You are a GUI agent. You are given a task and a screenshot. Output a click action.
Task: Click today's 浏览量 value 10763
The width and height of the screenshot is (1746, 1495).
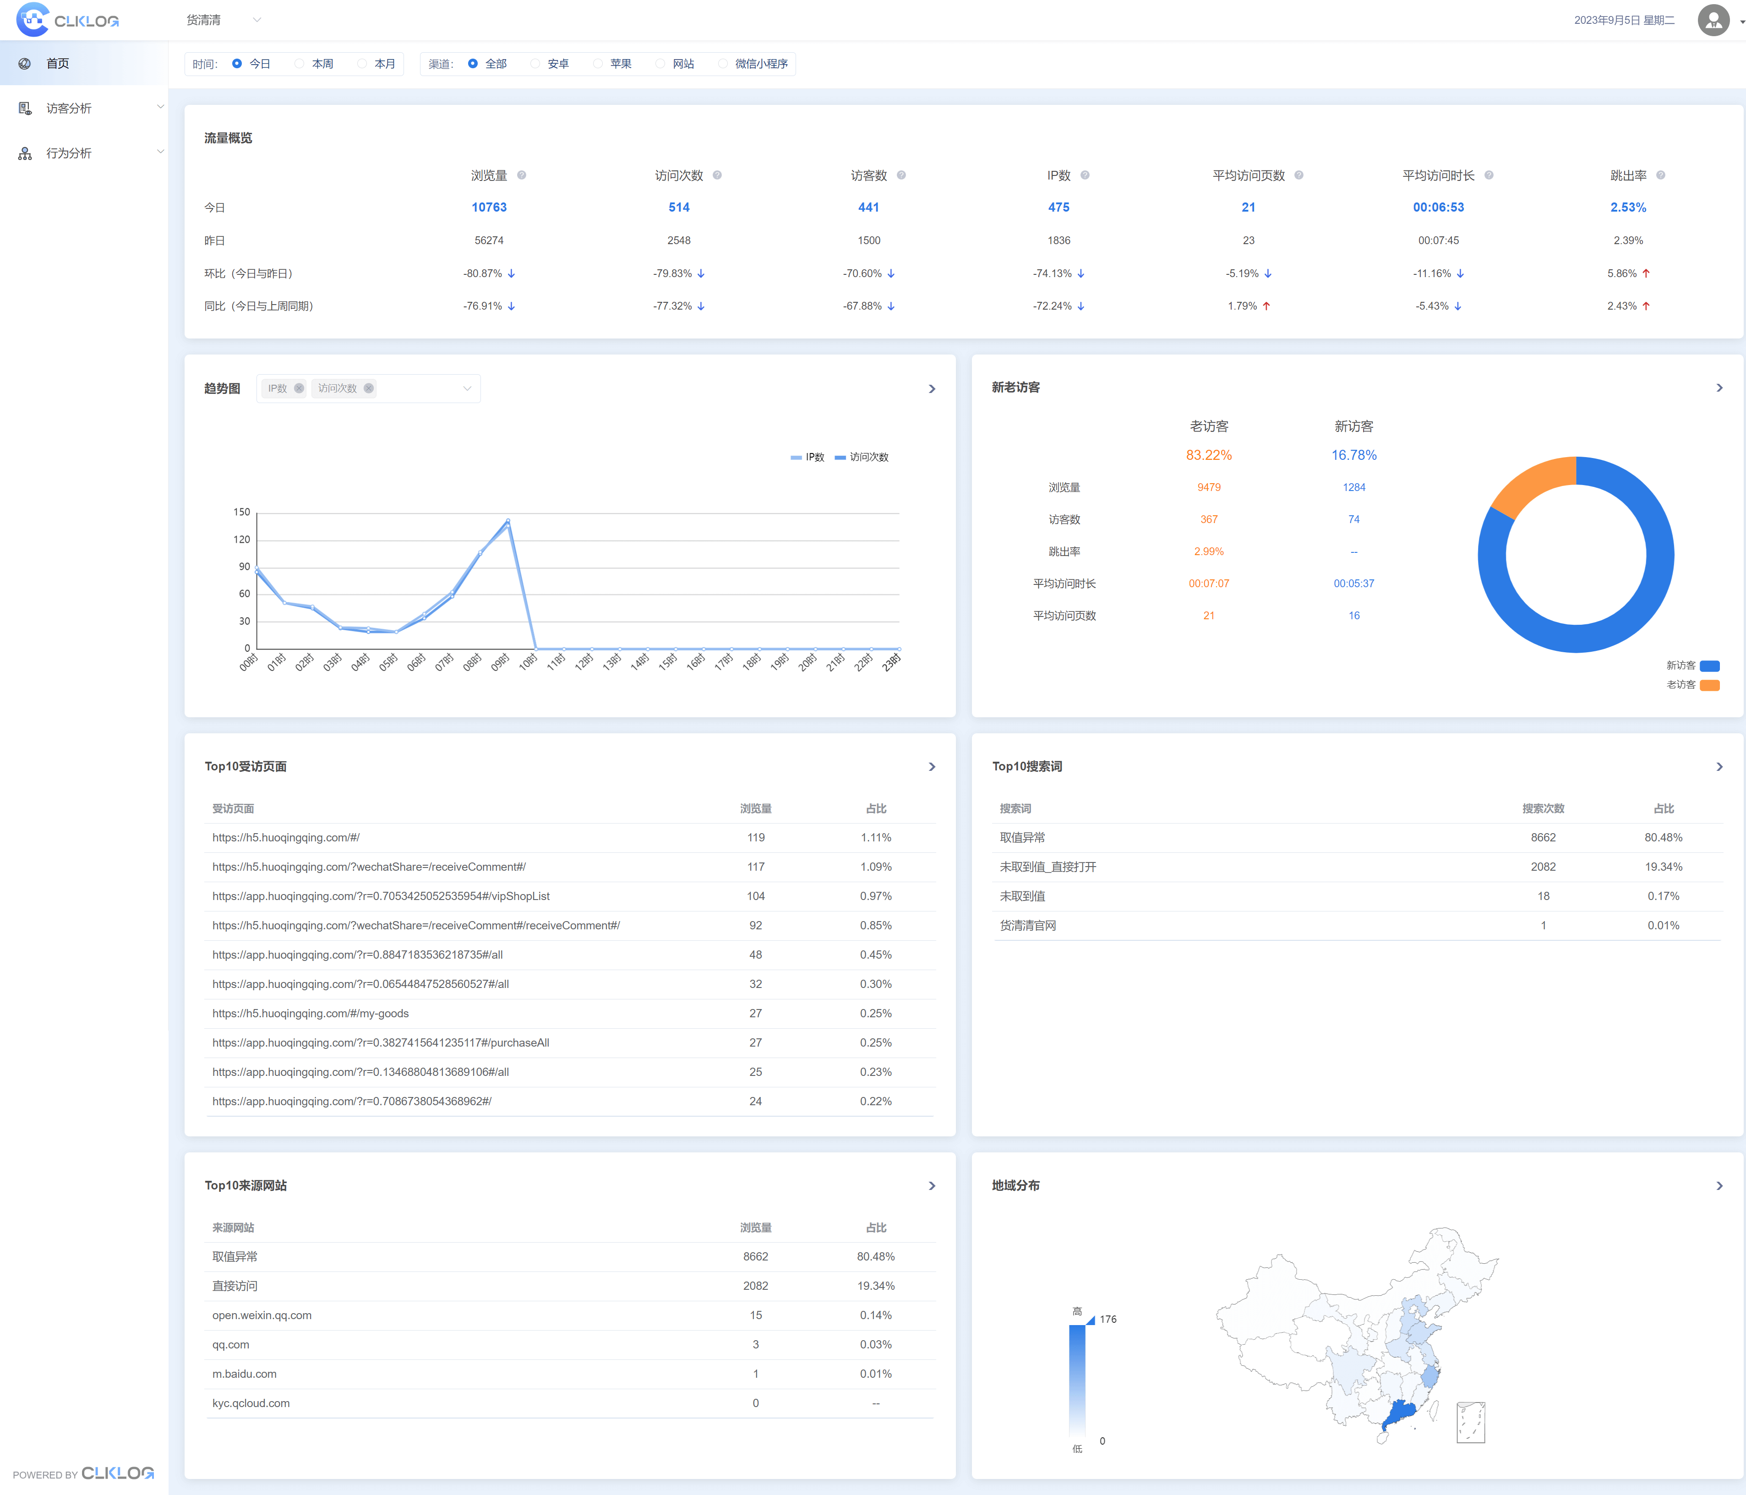[x=489, y=207]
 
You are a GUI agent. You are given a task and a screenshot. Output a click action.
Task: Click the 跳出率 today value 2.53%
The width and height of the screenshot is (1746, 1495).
[x=1627, y=207]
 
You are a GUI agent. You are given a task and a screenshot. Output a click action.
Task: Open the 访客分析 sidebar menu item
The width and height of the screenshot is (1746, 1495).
[x=69, y=109]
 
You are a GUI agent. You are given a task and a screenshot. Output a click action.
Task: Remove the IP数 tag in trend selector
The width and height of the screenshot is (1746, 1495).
[x=298, y=388]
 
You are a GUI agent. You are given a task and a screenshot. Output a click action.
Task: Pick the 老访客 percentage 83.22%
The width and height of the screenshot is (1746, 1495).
[x=1208, y=455]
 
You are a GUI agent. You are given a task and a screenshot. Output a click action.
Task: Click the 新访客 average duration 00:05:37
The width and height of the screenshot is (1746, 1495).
[x=1353, y=583]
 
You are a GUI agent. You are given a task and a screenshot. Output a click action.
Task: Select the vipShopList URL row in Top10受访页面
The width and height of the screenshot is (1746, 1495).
[x=381, y=896]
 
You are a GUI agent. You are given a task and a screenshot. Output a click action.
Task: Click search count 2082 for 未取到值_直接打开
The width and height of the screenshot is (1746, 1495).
[x=1543, y=866]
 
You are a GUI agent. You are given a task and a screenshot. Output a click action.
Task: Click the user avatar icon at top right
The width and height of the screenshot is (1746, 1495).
[x=1712, y=20]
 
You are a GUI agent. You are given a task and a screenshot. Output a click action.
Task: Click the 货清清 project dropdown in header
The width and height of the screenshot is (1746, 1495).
[x=224, y=20]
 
